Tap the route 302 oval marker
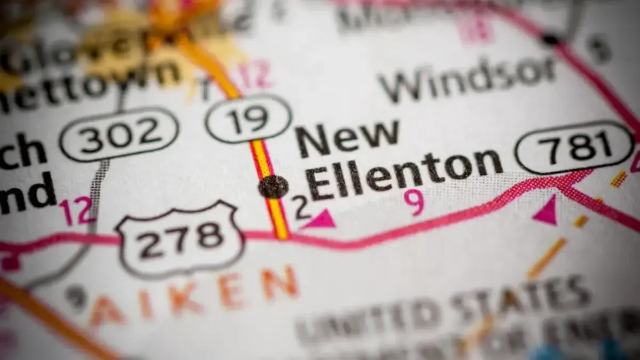pos(119,133)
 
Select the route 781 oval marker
pos(574,147)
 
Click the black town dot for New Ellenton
pos(274,187)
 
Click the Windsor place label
pos(467,78)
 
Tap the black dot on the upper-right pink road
pos(550,39)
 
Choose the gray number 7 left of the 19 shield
pos(204,89)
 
